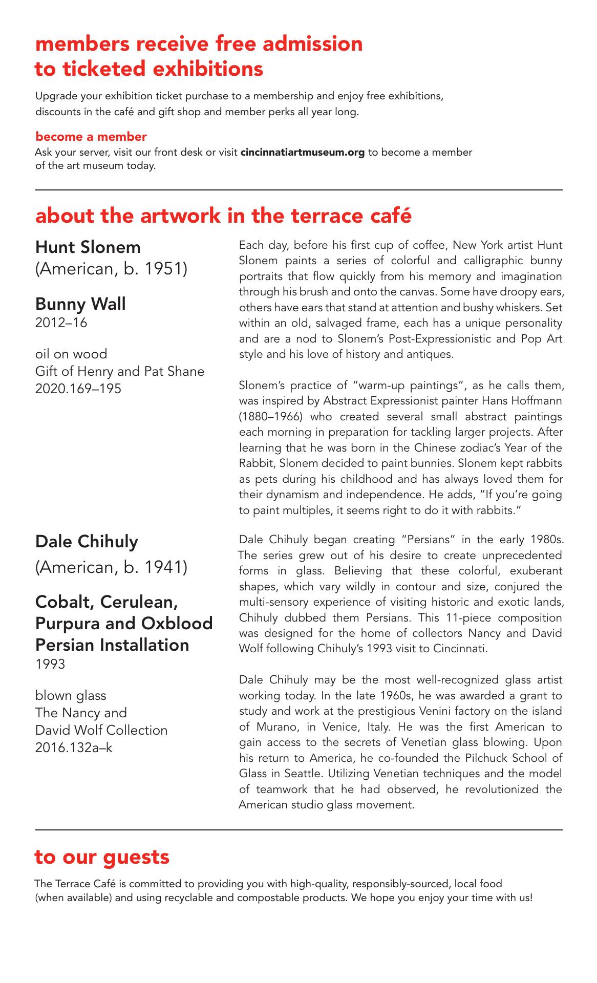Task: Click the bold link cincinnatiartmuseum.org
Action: click(303, 153)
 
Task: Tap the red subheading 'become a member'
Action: click(91, 137)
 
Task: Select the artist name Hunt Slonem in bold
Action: click(88, 247)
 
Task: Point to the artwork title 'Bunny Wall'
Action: click(80, 304)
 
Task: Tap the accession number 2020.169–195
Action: click(78, 389)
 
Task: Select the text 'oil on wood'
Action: click(71, 354)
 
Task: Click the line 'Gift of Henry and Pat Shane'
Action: click(120, 371)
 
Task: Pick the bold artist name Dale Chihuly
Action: click(87, 541)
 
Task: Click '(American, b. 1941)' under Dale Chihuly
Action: click(111, 567)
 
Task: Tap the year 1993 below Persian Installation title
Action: click(50, 665)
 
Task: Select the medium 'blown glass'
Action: click(71, 695)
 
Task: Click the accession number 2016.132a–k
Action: click(74, 747)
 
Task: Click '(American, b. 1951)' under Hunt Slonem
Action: click(111, 269)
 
